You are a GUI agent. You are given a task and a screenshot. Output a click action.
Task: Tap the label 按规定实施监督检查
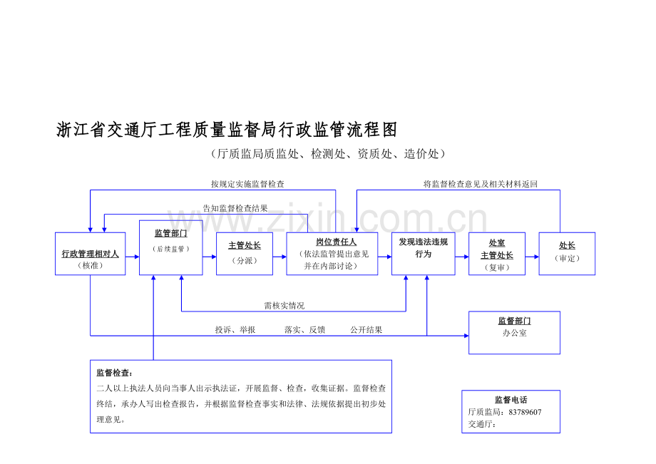coord(247,184)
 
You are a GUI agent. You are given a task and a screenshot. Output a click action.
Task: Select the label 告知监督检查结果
coord(235,208)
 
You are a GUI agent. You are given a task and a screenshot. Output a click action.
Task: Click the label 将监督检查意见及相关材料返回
coord(481,184)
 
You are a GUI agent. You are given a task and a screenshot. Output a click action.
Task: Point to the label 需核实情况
coord(285,306)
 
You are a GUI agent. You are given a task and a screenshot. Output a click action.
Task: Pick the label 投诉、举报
coord(235,330)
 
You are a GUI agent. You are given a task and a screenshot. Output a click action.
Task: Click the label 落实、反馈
coord(305,330)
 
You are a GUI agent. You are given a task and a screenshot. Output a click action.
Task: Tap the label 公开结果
coord(367,330)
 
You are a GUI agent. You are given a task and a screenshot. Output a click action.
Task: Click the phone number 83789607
coord(525,412)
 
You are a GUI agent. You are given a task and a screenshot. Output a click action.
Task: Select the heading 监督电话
coord(511,400)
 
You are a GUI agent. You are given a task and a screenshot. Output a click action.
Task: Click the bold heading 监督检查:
coord(114,373)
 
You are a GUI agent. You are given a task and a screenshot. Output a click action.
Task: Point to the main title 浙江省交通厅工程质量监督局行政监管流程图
coord(227,130)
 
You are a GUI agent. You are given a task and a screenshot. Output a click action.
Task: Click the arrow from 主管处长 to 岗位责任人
coord(280,257)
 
